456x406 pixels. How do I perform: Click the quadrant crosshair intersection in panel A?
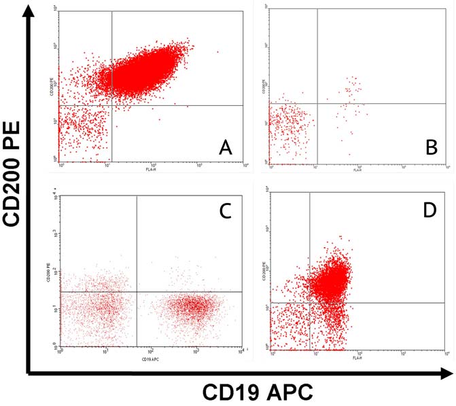111,105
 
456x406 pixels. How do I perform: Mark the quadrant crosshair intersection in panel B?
317,103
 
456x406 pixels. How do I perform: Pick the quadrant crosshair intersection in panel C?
137,291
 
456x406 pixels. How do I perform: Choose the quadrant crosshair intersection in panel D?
310,303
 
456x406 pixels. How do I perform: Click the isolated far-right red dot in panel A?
217,52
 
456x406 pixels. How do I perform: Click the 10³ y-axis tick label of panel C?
56,233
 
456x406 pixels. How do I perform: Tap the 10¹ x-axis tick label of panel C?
105,350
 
